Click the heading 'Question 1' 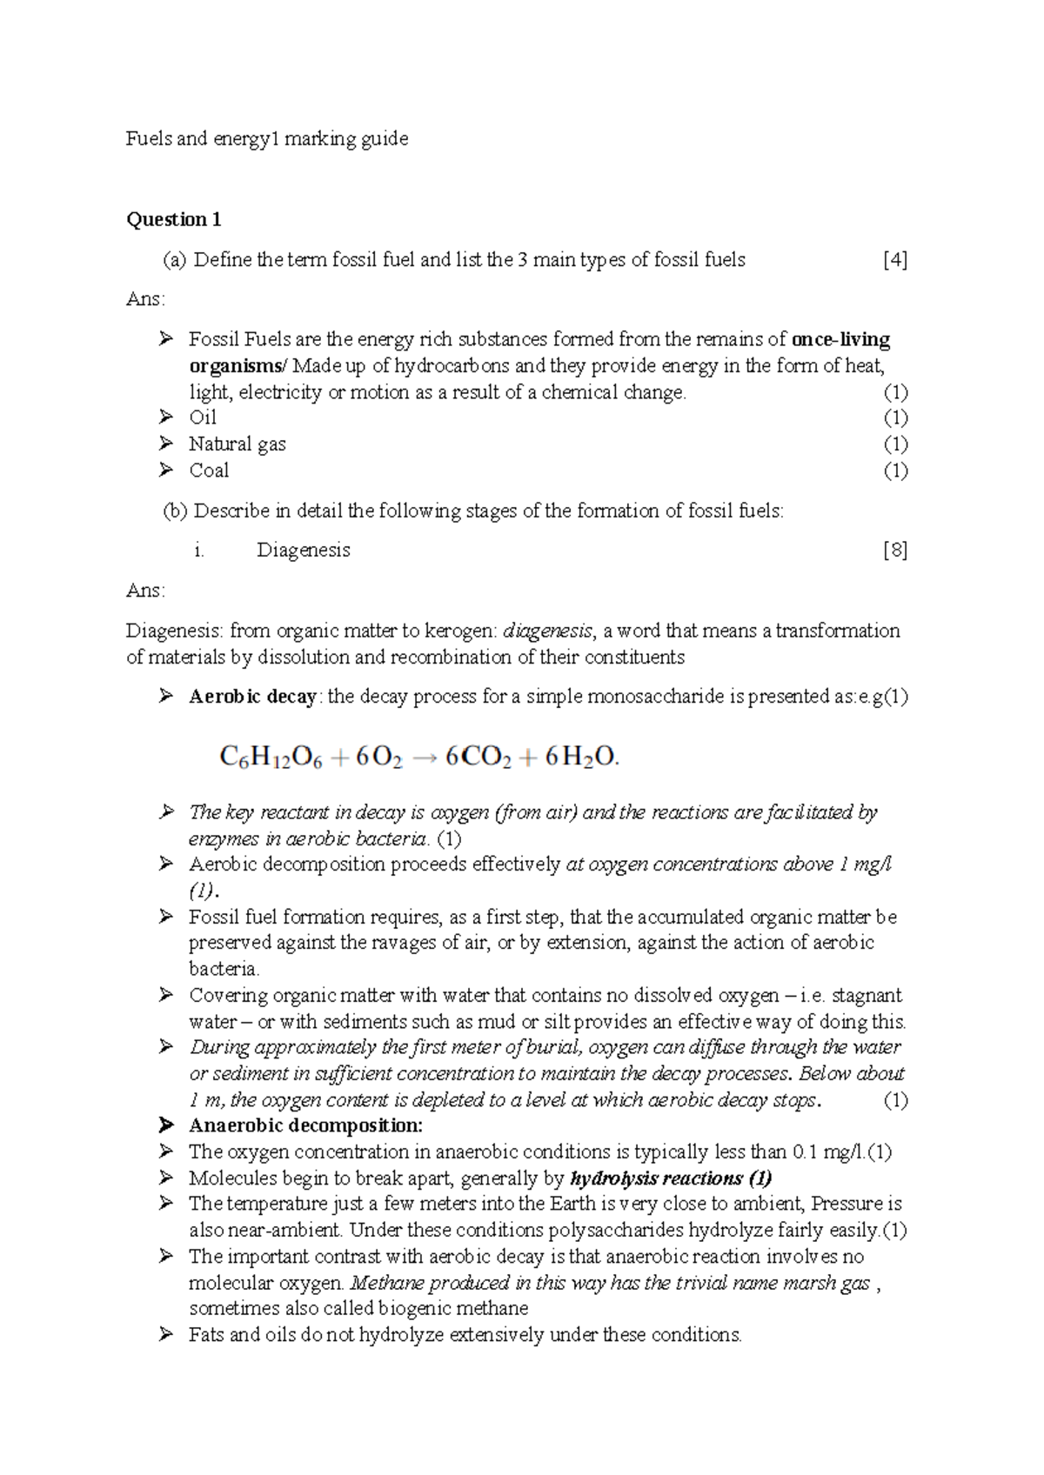point(174,219)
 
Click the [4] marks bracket point(894,260)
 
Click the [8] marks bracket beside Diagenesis point(894,551)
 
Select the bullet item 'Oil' point(203,417)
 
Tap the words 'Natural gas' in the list point(238,444)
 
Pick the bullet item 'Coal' point(209,471)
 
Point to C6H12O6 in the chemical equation point(271,758)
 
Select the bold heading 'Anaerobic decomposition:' point(305,1125)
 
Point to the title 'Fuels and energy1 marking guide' point(267,138)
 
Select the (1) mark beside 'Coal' point(895,471)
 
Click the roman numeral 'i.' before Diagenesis point(199,551)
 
